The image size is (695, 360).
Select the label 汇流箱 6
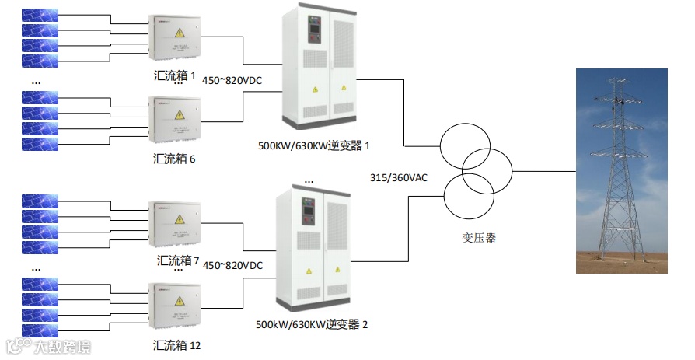[175, 159]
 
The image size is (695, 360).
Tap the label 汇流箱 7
[178, 260]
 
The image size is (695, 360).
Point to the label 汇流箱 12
[178, 344]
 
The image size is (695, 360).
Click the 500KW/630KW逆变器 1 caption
[314, 145]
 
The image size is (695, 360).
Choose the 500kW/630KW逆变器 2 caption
[311, 323]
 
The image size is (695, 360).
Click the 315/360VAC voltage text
[398, 178]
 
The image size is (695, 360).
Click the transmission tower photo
[621, 170]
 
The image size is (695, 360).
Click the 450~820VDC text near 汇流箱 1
[232, 80]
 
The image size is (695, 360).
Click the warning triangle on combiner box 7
[180, 220]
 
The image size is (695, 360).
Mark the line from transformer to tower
[544, 170]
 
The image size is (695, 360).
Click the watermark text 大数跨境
[62, 347]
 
